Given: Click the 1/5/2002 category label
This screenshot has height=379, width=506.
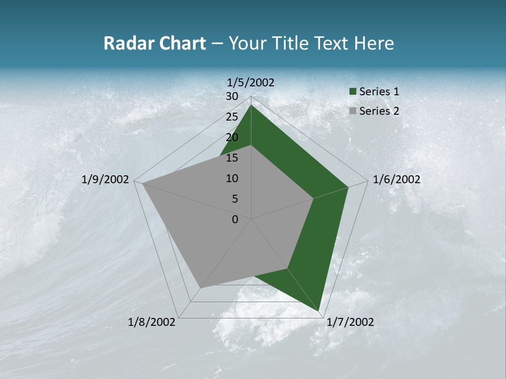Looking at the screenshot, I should [251, 82].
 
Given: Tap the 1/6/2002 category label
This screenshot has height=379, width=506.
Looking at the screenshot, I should [396, 179].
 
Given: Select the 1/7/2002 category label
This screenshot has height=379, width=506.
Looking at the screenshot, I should [350, 322].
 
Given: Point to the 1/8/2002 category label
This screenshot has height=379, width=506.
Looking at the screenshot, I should [152, 322].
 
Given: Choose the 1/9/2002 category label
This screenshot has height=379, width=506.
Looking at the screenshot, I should [105, 179].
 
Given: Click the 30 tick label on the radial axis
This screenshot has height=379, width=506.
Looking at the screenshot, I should [232, 96].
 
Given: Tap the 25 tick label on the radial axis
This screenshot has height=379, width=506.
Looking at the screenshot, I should [232, 117].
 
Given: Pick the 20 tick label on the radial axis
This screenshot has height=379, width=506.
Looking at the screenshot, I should [232, 137].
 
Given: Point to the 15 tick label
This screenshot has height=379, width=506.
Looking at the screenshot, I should [232, 158].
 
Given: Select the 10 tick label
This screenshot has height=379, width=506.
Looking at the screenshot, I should [232, 178].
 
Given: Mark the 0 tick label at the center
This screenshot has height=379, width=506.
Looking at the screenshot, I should [235, 220].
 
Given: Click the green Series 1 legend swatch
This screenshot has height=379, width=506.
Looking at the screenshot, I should [353, 92].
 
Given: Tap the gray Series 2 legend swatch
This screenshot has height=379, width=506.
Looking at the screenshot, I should [353, 111].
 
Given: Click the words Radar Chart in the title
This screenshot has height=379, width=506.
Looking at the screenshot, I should [154, 44].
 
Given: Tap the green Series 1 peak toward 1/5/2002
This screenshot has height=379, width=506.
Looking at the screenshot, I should [251, 105].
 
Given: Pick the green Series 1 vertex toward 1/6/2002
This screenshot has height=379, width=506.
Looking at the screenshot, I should [348, 187].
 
